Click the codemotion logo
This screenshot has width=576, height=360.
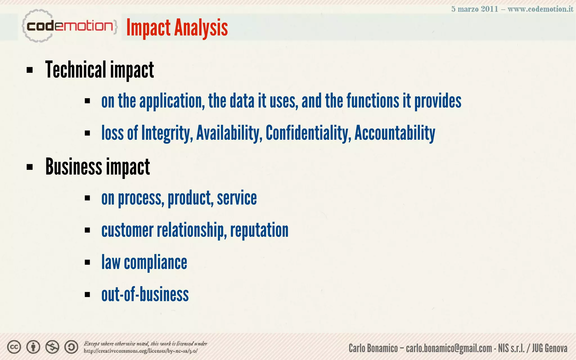click(69, 26)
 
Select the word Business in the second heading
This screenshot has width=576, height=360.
click(74, 167)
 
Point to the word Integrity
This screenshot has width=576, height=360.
click(167, 133)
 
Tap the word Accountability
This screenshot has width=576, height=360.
click(395, 133)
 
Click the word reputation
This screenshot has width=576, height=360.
click(259, 230)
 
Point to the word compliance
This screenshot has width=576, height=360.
click(155, 262)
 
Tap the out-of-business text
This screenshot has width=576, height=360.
click(145, 294)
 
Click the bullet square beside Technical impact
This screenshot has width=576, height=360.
click(30, 70)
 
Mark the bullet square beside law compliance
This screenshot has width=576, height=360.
click(87, 262)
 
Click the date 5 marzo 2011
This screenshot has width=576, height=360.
click(475, 9)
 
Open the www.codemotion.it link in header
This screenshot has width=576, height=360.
click(540, 9)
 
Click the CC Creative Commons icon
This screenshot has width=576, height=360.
click(14, 347)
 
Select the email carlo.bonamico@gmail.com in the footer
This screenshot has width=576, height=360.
click(449, 348)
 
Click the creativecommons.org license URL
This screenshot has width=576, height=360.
click(140, 351)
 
